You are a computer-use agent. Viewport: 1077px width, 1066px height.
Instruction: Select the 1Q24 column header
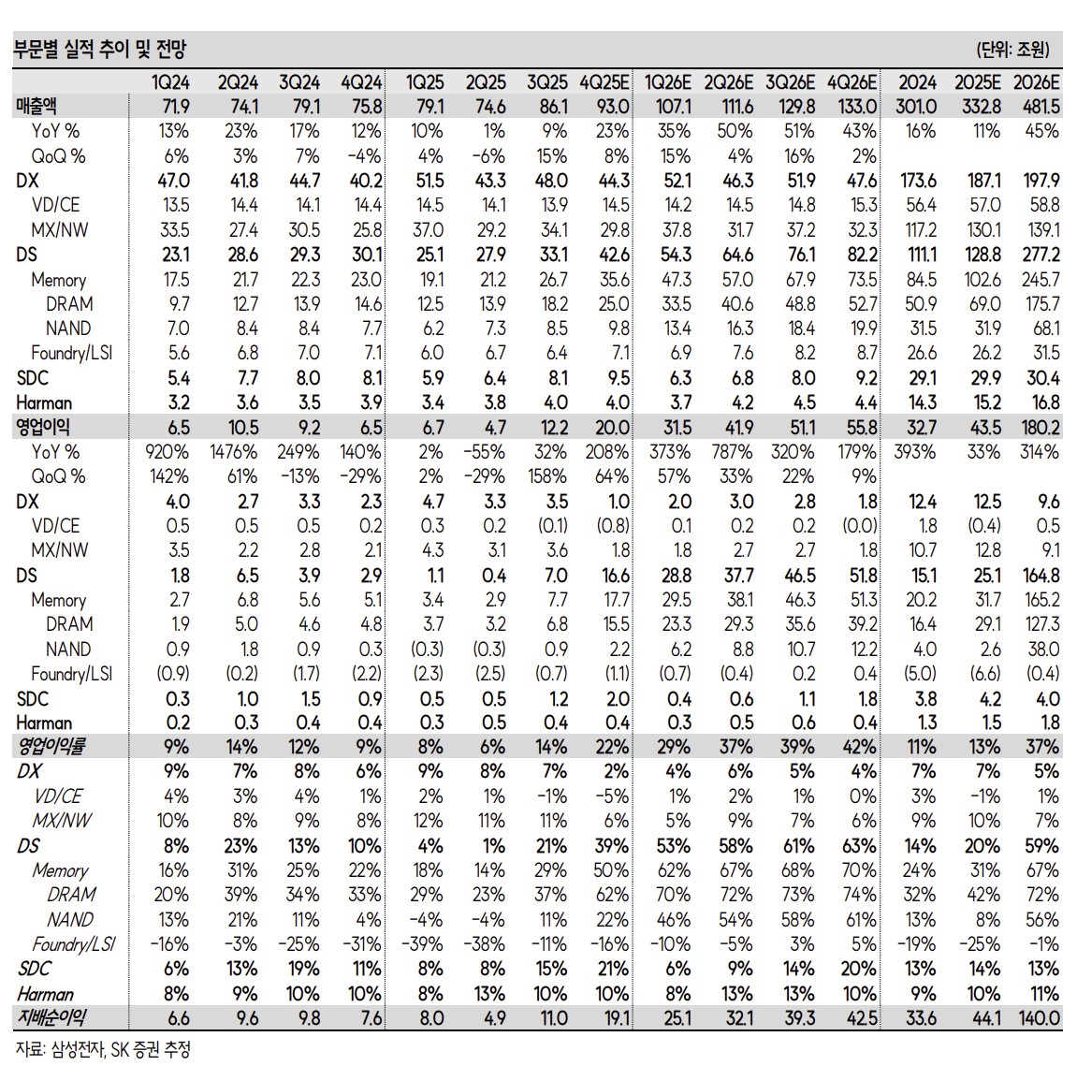click(x=170, y=82)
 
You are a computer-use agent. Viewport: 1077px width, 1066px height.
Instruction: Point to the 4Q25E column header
click(x=604, y=82)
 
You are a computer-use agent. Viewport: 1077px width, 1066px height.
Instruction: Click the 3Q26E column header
click(x=790, y=82)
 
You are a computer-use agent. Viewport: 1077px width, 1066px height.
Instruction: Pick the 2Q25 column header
click(x=486, y=82)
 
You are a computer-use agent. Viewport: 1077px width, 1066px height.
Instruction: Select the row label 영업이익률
click(x=51, y=746)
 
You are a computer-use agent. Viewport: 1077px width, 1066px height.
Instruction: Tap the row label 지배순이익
click(x=51, y=1017)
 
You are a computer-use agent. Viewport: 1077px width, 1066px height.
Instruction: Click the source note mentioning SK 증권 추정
click(x=103, y=1048)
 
